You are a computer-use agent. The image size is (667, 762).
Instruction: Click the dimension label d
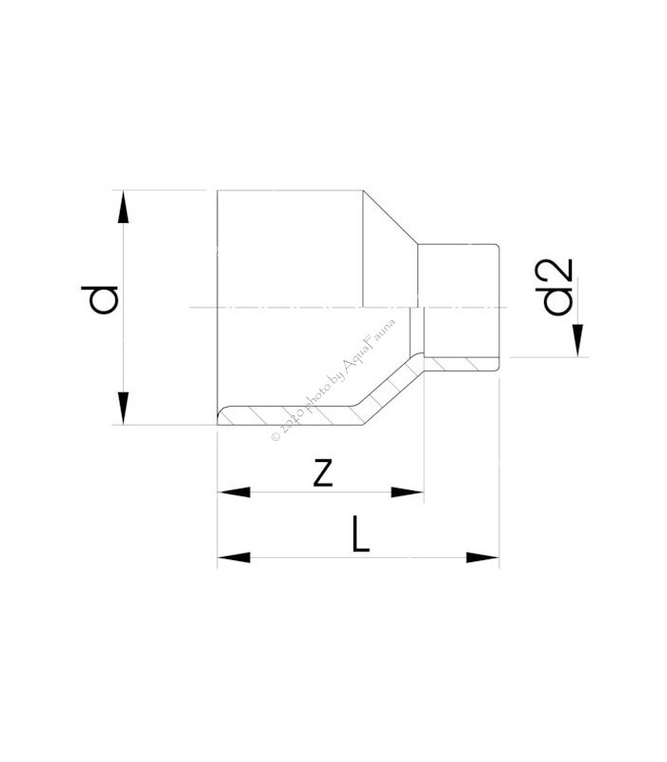(100, 300)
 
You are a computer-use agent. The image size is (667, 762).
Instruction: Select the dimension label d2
(555, 288)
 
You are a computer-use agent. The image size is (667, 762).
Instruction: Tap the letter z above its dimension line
(323, 472)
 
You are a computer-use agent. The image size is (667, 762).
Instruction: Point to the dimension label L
(360, 534)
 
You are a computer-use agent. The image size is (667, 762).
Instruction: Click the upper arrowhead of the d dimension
(124, 207)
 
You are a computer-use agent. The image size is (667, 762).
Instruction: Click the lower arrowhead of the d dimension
(124, 408)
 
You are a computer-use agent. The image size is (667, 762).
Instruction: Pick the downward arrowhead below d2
(577, 341)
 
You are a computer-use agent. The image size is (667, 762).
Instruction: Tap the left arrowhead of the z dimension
(233, 492)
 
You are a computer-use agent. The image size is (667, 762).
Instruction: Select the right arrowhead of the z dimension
(408, 492)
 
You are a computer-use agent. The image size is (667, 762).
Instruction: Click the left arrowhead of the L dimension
(233, 557)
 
